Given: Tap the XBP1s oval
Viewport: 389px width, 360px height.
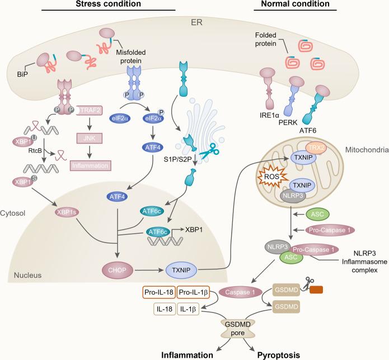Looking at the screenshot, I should coord(68,212).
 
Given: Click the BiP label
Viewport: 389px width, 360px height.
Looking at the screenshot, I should coord(22,74).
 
